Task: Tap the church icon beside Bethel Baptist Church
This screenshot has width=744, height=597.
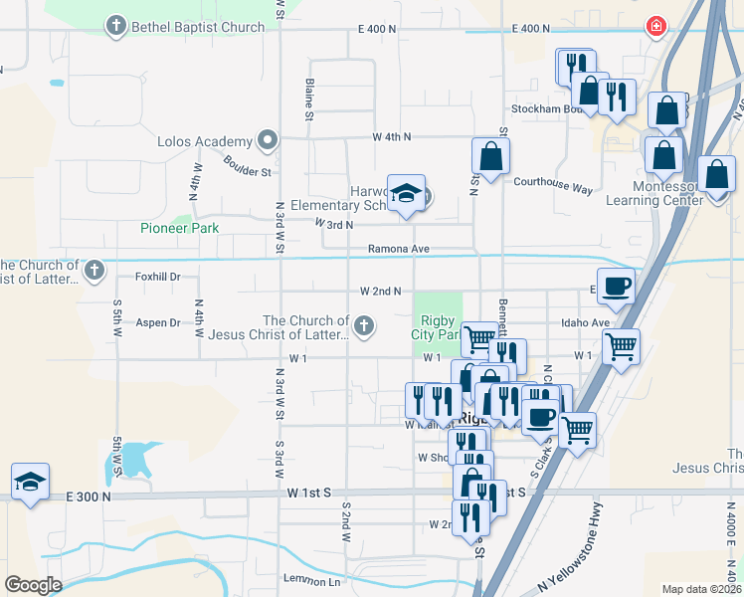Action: tap(116, 26)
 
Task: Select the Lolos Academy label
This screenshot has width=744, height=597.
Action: tap(206, 141)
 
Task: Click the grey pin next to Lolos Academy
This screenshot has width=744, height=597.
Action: tap(267, 140)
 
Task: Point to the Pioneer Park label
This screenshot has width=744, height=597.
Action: tap(179, 228)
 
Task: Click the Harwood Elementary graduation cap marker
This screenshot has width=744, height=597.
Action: tap(406, 194)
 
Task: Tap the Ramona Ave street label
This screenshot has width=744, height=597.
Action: tap(398, 249)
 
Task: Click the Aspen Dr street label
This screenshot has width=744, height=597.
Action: tap(158, 322)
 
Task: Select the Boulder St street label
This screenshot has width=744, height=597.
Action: tap(248, 164)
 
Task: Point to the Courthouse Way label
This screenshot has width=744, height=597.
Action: tap(552, 185)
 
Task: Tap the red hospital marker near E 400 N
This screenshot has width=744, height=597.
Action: tap(655, 27)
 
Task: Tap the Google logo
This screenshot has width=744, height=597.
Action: tap(33, 585)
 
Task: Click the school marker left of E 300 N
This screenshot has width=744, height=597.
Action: tap(31, 483)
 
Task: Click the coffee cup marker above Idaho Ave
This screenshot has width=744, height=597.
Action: tap(616, 287)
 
